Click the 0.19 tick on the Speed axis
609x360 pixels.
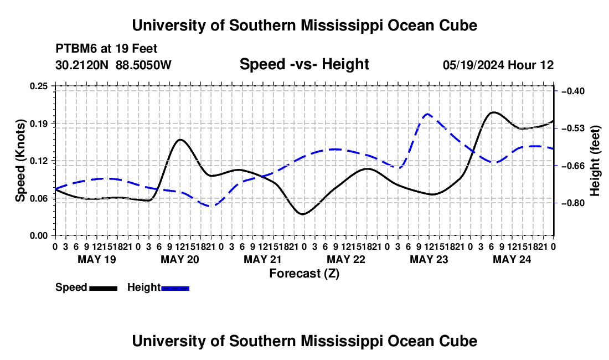pyautogui.click(x=38, y=124)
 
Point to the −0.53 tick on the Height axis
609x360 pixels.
pyautogui.click(x=573, y=128)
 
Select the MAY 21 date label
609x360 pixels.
pyautogui.click(x=262, y=259)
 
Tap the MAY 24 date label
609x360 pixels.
pyautogui.click(x=512, y=259)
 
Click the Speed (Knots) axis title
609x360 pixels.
pyautogui.click(x=20, y=161)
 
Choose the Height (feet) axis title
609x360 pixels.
pyautogui.click(x=595, y=161)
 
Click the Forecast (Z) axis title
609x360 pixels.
pyautogui.click(x=304, y=274)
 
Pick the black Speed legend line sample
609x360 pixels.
pyautogui.click(x=104, y=288)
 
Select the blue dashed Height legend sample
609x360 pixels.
pyautogui.click(x=175, y=288)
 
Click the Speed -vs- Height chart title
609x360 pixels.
pyautogui.click(x=304, y=64)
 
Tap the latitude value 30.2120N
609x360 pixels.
pyautogui.click(x=82, y=65)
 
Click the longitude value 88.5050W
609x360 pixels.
pyautogui.click(x=143, y=65)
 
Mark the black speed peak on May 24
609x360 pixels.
pyautogui.click(x=493, y=112)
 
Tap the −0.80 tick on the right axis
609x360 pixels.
pyautogui.click(x=573, y=203)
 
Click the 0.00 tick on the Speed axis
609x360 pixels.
pyautogui.click(x=38, y=235)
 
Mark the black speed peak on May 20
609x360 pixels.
pyautogui.click(x=180, y=139)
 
